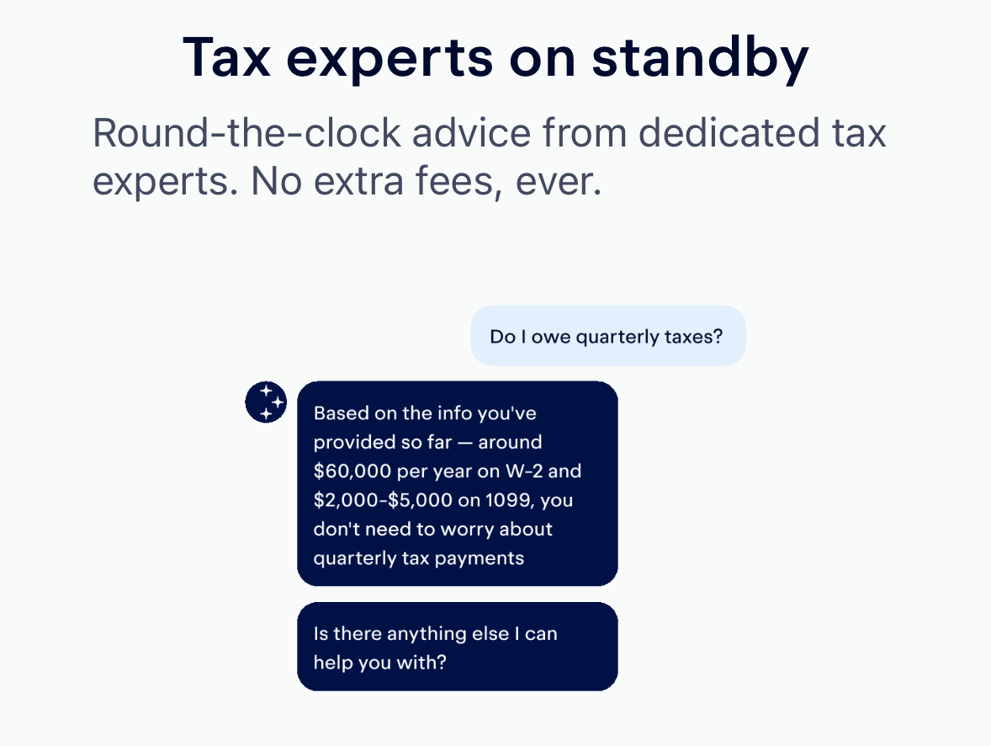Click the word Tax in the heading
pyautogui.click(x=227, y=57)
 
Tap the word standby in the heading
pyautogui.click(x=700, y=59)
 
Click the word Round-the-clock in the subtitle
pyautogui.click(x=247, y=133)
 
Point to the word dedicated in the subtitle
pyautogui.click(x=727, y=133)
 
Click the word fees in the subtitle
pyautogui.click(x=457, y=181)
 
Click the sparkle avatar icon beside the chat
pyautogui.click(x=266, y=402)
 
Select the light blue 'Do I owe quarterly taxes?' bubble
pyautogui.click(x=608, y=335)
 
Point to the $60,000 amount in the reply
pyautogui.click(x=352, y=471)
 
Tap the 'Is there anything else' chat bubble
pyautogui.click(x=458, y=647)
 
